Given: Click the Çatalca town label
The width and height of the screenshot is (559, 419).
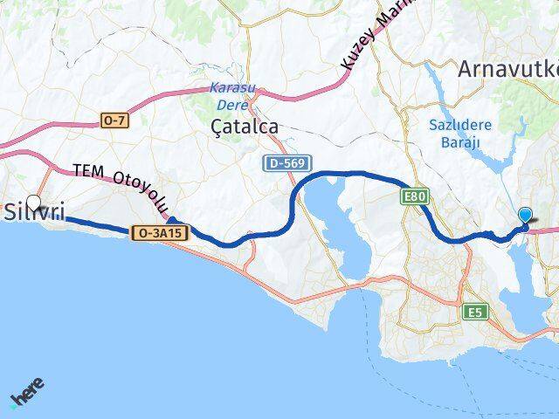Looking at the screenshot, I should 245,127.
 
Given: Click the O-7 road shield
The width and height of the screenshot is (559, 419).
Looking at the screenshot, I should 114,121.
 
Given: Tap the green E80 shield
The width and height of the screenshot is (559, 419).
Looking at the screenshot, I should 415,197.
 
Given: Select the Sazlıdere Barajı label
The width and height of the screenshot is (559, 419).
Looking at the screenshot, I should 460,133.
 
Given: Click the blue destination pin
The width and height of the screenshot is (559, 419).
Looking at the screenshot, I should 525,216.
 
